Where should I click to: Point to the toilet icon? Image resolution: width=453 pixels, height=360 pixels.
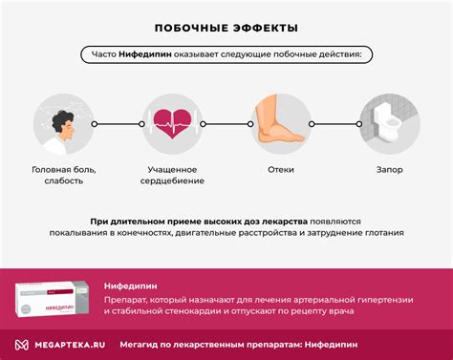pos(390,126)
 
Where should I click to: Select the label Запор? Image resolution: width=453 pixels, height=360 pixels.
pos(390,170)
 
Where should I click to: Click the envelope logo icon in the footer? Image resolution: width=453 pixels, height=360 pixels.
pos(20,344)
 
